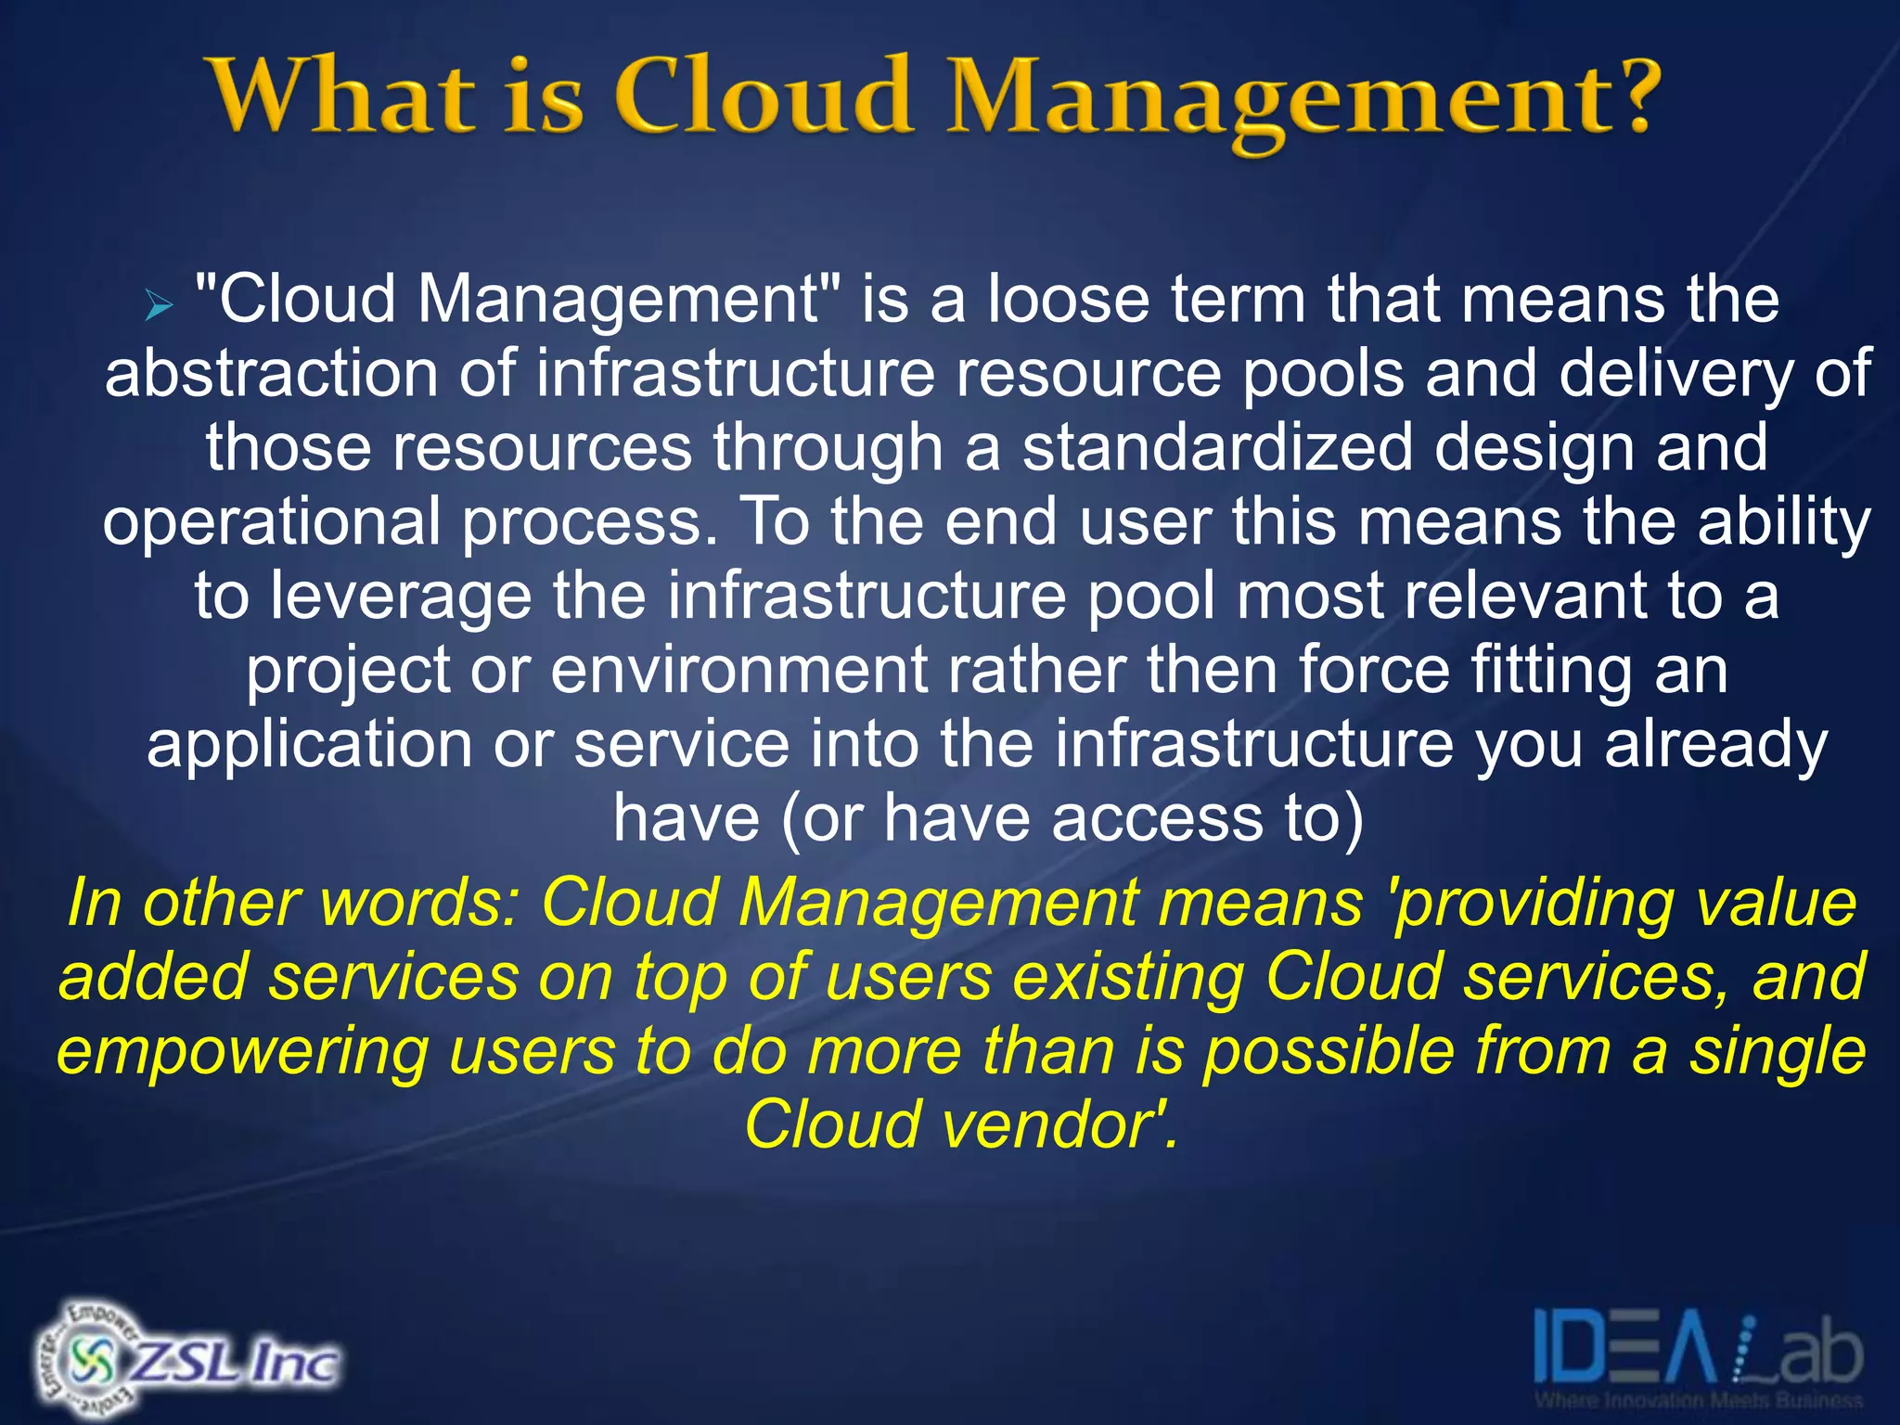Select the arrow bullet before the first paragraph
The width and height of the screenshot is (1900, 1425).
tap(160, 304)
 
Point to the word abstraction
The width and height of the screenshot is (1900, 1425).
tap(271, 374)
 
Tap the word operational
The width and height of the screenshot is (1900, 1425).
tap(271, 522)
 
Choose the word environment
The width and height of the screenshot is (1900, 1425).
tap(738, 671)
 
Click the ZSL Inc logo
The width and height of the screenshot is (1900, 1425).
tap(186, 1361)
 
